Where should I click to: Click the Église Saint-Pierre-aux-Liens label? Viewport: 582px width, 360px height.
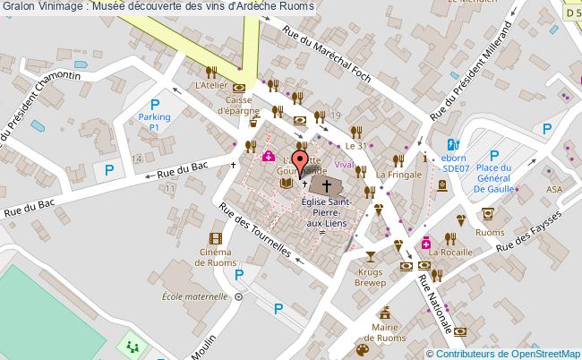pos(328,215)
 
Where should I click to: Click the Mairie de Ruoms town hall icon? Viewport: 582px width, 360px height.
pos(386,314)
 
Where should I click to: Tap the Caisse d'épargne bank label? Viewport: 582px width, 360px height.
pos(237,106)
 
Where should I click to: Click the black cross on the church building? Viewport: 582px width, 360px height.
pos(327,186)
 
